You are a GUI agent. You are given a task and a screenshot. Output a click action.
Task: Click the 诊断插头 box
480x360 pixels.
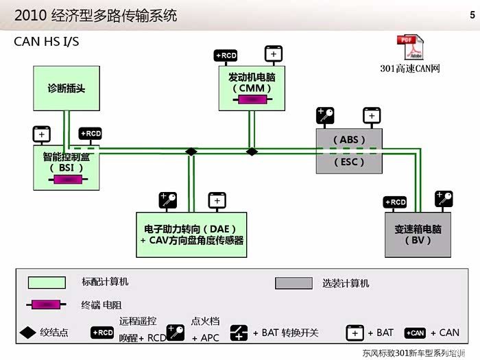click(x=67, y=88)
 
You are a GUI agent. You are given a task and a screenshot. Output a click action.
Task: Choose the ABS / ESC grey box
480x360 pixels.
click(x=348, y=151)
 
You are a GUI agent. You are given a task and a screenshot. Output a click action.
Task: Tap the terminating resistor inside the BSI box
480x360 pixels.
click(x=67, y=180)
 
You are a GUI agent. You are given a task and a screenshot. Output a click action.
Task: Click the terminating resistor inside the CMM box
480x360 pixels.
click(x=251, y=100)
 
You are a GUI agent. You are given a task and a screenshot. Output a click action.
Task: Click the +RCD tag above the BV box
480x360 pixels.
click(x=395, y=202)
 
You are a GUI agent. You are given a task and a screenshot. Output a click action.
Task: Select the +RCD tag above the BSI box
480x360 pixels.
click(x=90, y=134)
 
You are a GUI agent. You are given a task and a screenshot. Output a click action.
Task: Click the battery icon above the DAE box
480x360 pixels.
click(x=217, y=201)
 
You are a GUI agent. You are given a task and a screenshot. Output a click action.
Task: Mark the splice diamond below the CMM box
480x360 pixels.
click(x=252, y=152)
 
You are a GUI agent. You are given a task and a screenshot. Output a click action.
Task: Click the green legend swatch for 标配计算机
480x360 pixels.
click(x=47, y=283)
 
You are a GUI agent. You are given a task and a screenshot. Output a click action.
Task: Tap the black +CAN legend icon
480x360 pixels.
click(x=415, y=333)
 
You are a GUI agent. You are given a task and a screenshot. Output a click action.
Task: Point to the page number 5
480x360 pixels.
click(x=472, y=14)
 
